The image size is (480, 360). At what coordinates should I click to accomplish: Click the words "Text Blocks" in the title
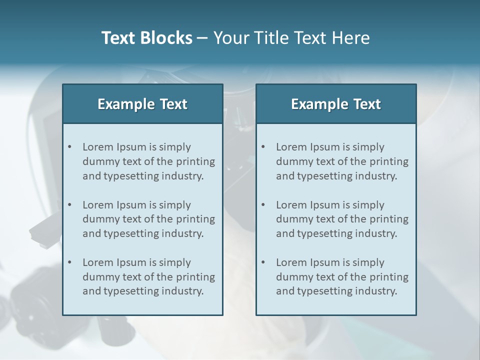tap(146, 38)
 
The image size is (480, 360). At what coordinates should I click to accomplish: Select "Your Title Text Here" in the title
tap(291, 38)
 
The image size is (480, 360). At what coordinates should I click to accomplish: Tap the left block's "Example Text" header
tap(142, 104)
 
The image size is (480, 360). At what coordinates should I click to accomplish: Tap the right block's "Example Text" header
tap(336, 104)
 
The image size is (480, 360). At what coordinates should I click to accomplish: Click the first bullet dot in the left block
tap(70, 147)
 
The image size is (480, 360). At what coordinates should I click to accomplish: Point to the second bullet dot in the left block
tap(70, 205)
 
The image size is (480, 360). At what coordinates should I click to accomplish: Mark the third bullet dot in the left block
tap(70, 262)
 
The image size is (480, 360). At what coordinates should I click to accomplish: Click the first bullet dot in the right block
tap(263, 147)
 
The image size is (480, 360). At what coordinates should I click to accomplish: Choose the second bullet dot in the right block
tap(263, 205)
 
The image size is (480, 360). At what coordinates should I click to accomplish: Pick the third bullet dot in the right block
tap(263, 262)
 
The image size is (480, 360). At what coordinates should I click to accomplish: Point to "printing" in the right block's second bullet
tap(390, 219)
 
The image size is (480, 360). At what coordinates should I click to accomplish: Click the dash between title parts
tap(203, 38)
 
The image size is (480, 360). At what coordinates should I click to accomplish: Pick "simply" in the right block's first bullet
tap(368, 147)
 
